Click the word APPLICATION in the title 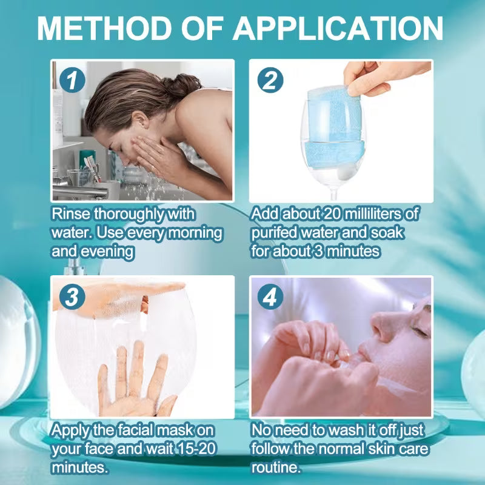338,28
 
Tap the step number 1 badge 71,79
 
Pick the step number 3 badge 71,296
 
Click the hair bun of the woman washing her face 186,85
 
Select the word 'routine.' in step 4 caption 276,468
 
